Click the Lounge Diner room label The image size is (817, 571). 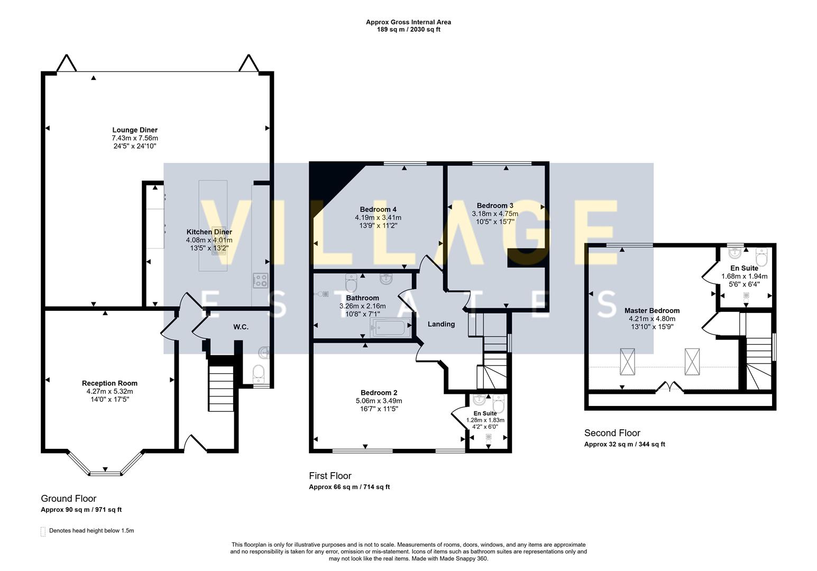pyautogui.click(x=134, y=130)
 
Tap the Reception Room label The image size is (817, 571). pyautogui.click(x=109, y=383)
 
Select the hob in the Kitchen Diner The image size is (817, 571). pyautogui.click(x=260, y=280)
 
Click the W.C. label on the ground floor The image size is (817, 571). pyautogui.click(x=241, y=327)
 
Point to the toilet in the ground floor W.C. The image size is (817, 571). pyautogui.click(x=259, y=374)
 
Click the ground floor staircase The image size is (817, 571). pyautogui.click(x=220, y=383)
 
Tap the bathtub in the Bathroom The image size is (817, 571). pyautogui.click(x=392, y=328)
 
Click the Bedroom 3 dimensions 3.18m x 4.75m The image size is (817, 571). pyautogui.click(x=494, y=214)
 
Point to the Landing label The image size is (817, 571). pyautogui.click(x=440, y=324)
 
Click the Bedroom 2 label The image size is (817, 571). pyautogui.click(x=379, y=393)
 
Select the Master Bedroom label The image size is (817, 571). pyautogui.click(x=651, y=311)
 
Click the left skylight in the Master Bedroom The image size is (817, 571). pyautogui.click(x=627, y=362)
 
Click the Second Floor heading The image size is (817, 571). pyautogui.click(x=612, y=433)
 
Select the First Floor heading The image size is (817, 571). pyautogui.click(x=330, y=476)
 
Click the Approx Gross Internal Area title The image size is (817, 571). pyautogui.click(x=408, y=22)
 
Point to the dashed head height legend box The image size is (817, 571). pyautogui.click(x=43, y=531)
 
